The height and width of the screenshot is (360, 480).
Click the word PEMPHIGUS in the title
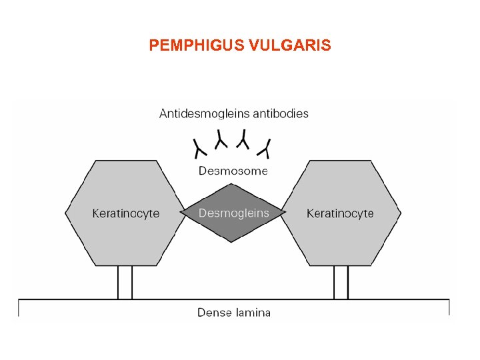click(196, 45)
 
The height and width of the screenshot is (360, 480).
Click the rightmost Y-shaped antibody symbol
click(267, 146)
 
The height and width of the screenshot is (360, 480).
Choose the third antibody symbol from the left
click(244, 139)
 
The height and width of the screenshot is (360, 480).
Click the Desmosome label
click(233, 171)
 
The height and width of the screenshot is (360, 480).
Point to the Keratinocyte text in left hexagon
click(125, 213)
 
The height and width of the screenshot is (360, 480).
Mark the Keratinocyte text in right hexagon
click(340, 213)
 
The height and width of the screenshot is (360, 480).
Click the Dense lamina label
click(234, 312)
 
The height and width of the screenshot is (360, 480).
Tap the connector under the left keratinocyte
click(125, 283)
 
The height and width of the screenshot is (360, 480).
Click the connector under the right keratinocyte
click(341, 283)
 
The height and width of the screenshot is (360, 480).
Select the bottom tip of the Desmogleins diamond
click(232, 241)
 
